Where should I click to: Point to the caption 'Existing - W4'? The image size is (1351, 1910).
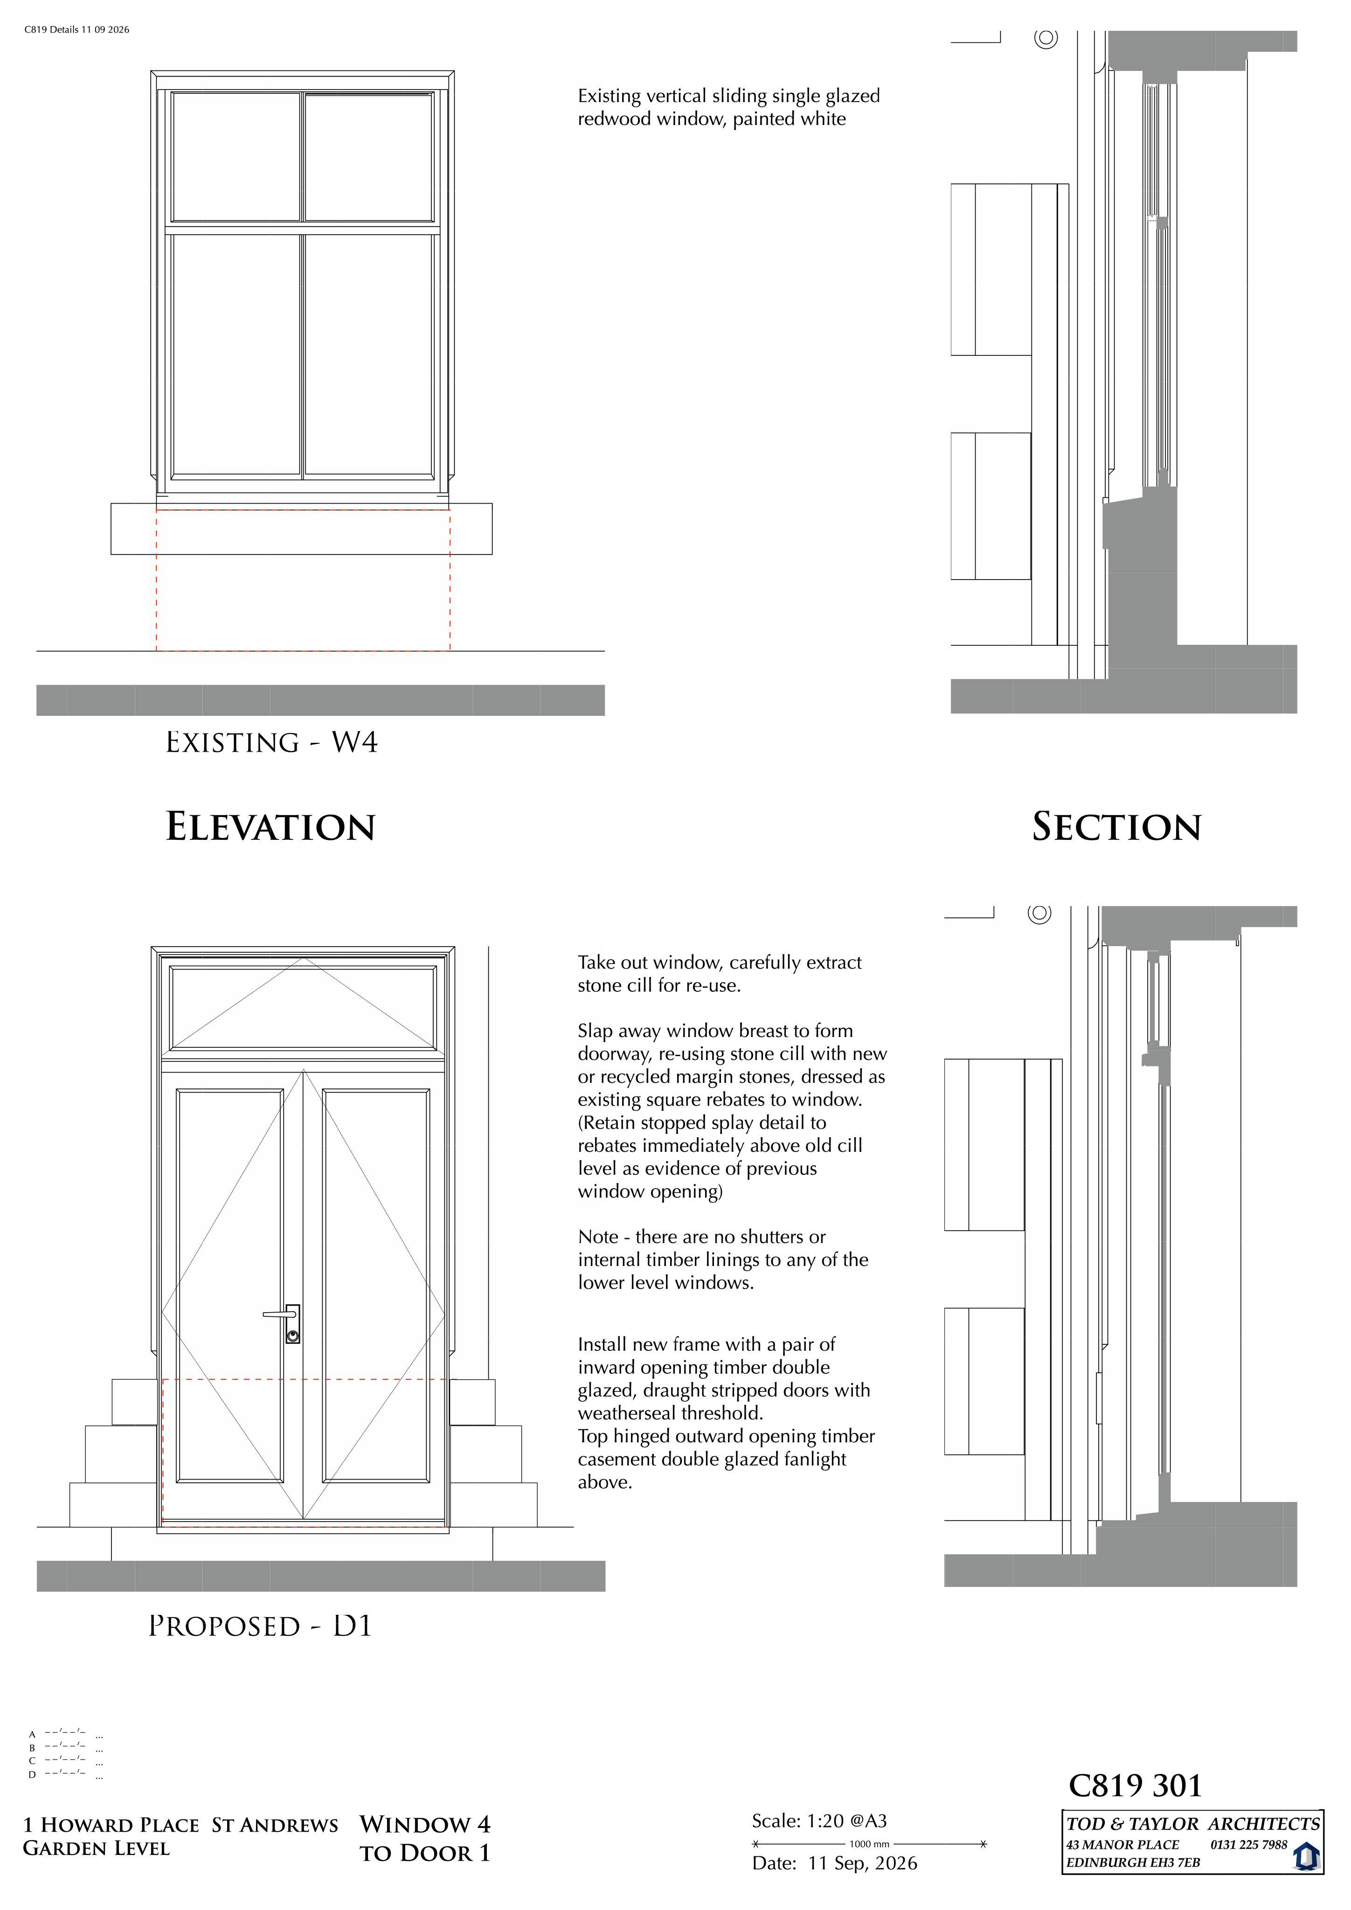(x=272, y=742)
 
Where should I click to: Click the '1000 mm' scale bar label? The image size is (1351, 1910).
(x=869, y=1844)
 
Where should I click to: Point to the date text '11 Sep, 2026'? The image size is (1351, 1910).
(x=863, y=1863)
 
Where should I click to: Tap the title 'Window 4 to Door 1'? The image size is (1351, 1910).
(x=425, y=1839)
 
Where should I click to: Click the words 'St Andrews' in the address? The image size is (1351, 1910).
(x=275, y=1825)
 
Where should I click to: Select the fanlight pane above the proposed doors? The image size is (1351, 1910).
(x=303, y=1007)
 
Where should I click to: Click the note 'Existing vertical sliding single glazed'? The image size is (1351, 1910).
(x=729, y=96)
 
